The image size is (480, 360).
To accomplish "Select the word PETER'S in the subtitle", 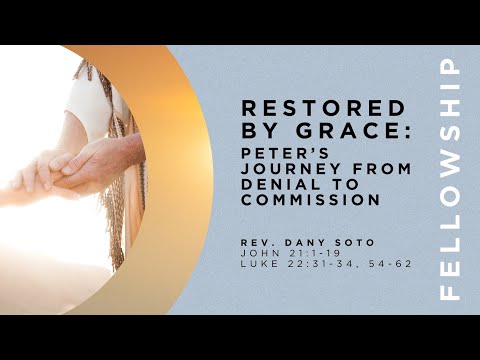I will coord(273,152).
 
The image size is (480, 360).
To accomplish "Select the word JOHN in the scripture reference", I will coord(256,253).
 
